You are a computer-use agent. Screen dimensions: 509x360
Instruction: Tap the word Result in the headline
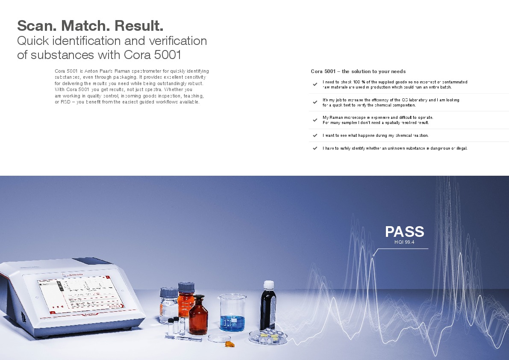[x=138, y=26]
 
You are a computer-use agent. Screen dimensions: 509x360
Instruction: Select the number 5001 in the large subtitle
[x=168, y=55]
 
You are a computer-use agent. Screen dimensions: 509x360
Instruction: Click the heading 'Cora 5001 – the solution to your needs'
[x=358, y=71]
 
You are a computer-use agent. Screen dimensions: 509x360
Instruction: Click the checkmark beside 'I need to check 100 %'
[x=315, y=84]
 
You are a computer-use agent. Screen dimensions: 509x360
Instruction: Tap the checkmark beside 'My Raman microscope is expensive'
[x=315, y=120]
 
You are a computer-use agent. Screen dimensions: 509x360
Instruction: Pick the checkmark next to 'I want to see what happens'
[x=315, y=136]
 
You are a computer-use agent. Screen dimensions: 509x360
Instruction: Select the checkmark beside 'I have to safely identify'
[x=315, y=148]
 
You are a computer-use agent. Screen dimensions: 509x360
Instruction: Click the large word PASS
[x=404, y=232]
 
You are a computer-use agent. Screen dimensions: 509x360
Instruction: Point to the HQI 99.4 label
[x=404, y=242]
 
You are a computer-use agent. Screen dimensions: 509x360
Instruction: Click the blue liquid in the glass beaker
[x=232, y=323]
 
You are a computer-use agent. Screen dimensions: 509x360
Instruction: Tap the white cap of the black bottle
[x=269, y=285]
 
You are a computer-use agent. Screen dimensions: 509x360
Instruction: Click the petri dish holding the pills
[x=268, y=336]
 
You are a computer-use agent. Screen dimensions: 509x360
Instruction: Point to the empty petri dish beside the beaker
[x=219, y=338]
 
